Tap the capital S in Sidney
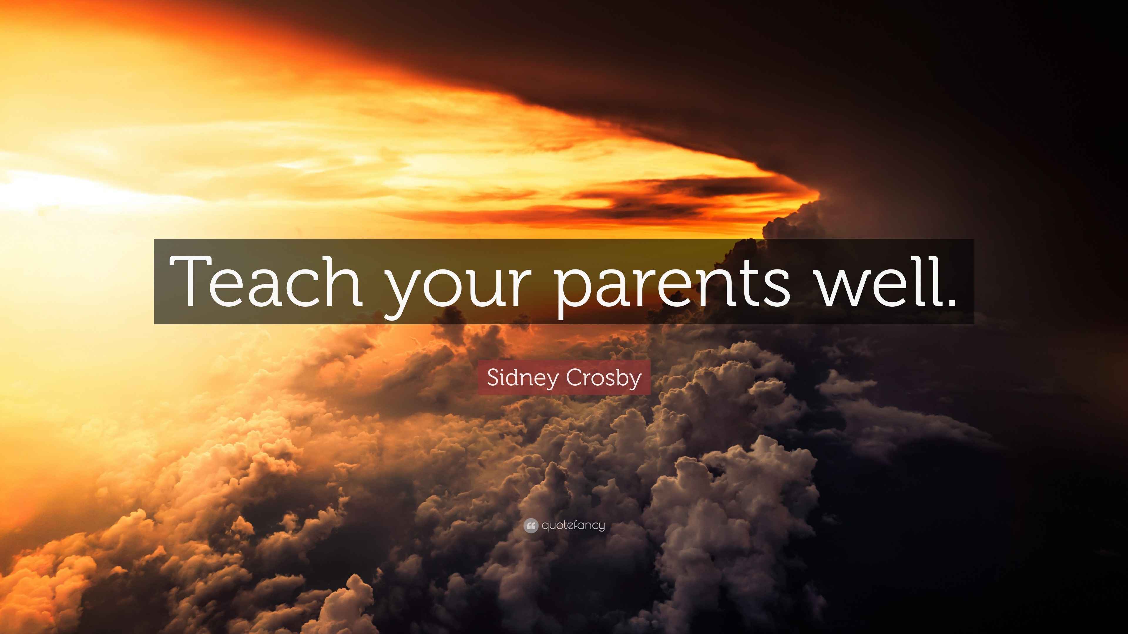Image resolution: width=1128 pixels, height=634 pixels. point(493,377)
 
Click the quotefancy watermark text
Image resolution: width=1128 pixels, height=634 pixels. point(573,525)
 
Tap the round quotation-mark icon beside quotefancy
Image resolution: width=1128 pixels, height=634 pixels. point(531,525)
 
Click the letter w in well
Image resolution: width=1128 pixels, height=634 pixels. point(843,287)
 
